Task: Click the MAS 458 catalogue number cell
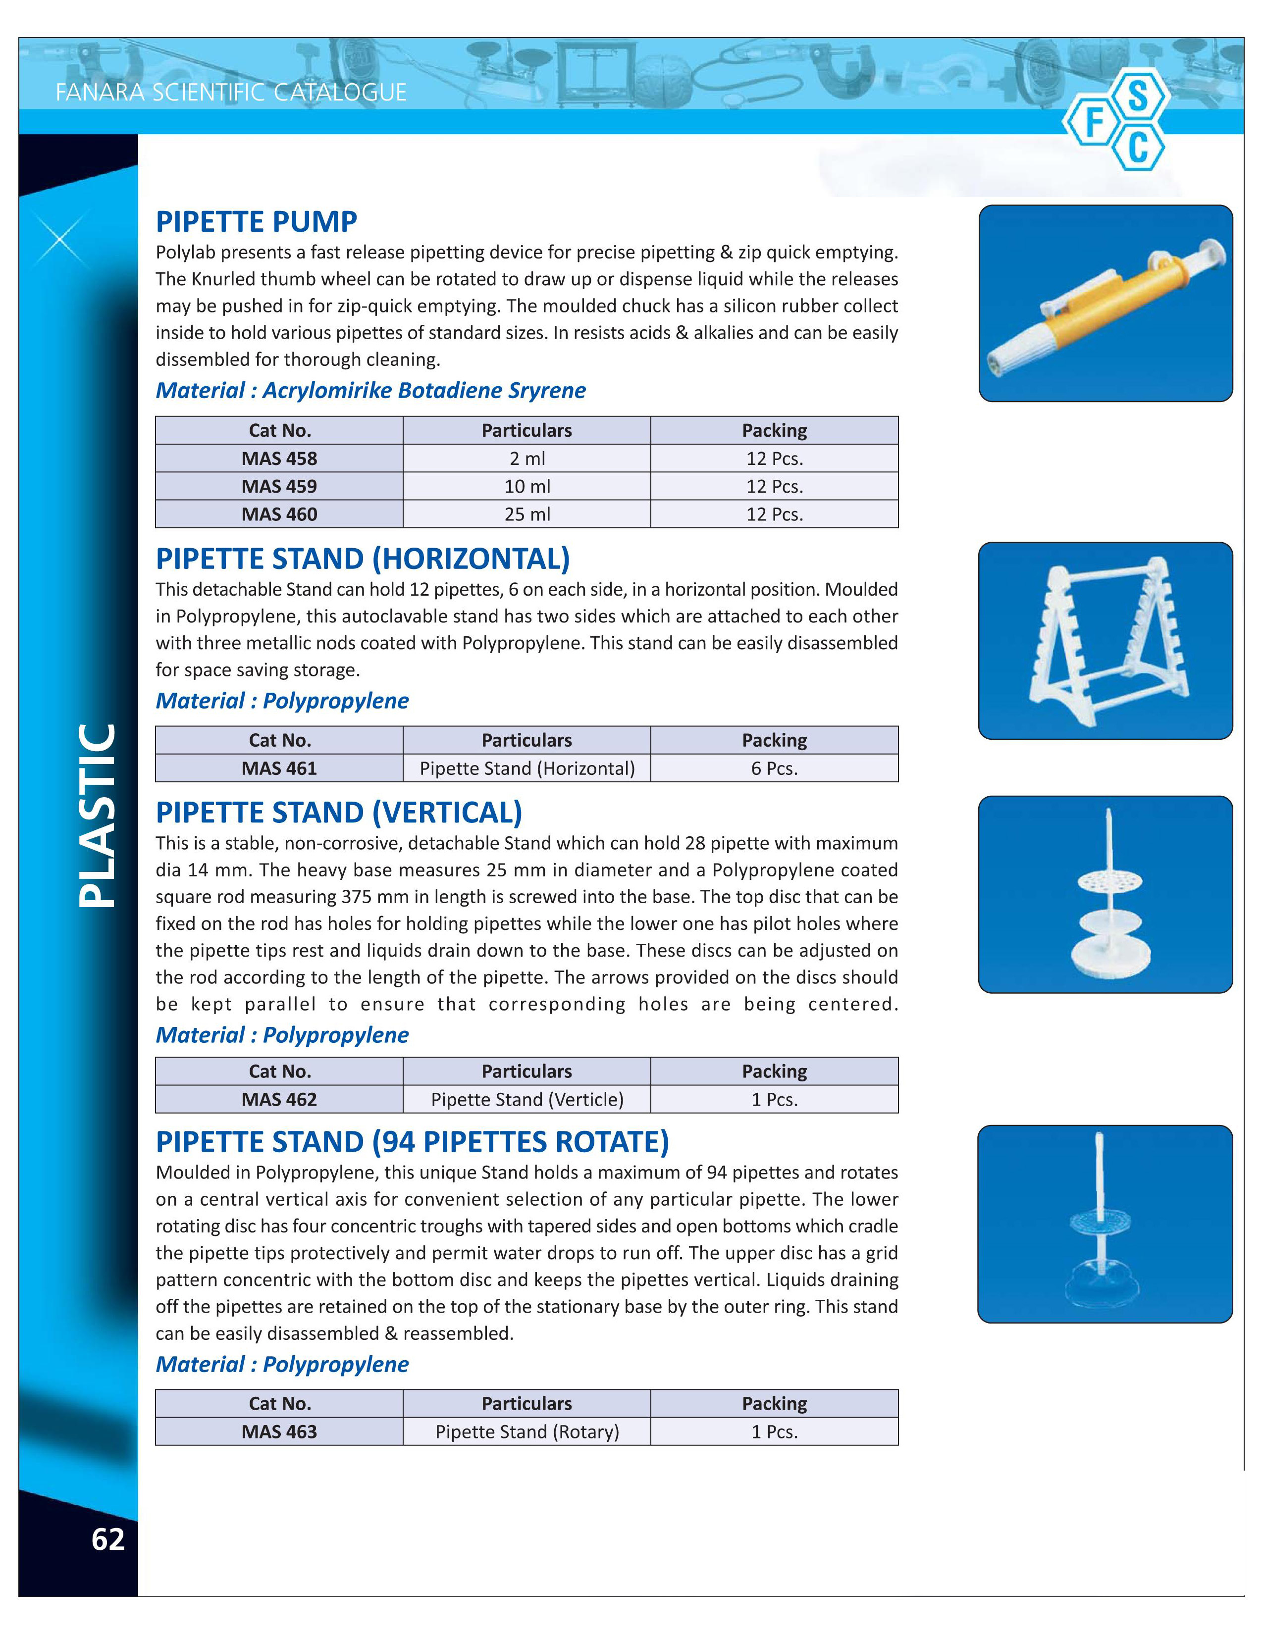(279, 458)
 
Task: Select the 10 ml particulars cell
(527, 486)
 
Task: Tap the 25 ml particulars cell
(527, 514)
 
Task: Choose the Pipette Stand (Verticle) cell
(527, 1099)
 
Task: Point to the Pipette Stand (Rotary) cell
(527, 1431)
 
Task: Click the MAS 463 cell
(279, 1431)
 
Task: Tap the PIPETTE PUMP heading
(257, 221)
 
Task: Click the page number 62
(108, 1539)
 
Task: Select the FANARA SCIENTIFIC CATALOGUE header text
(231, 93)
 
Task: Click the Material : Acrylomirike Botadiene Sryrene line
(370, 390)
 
